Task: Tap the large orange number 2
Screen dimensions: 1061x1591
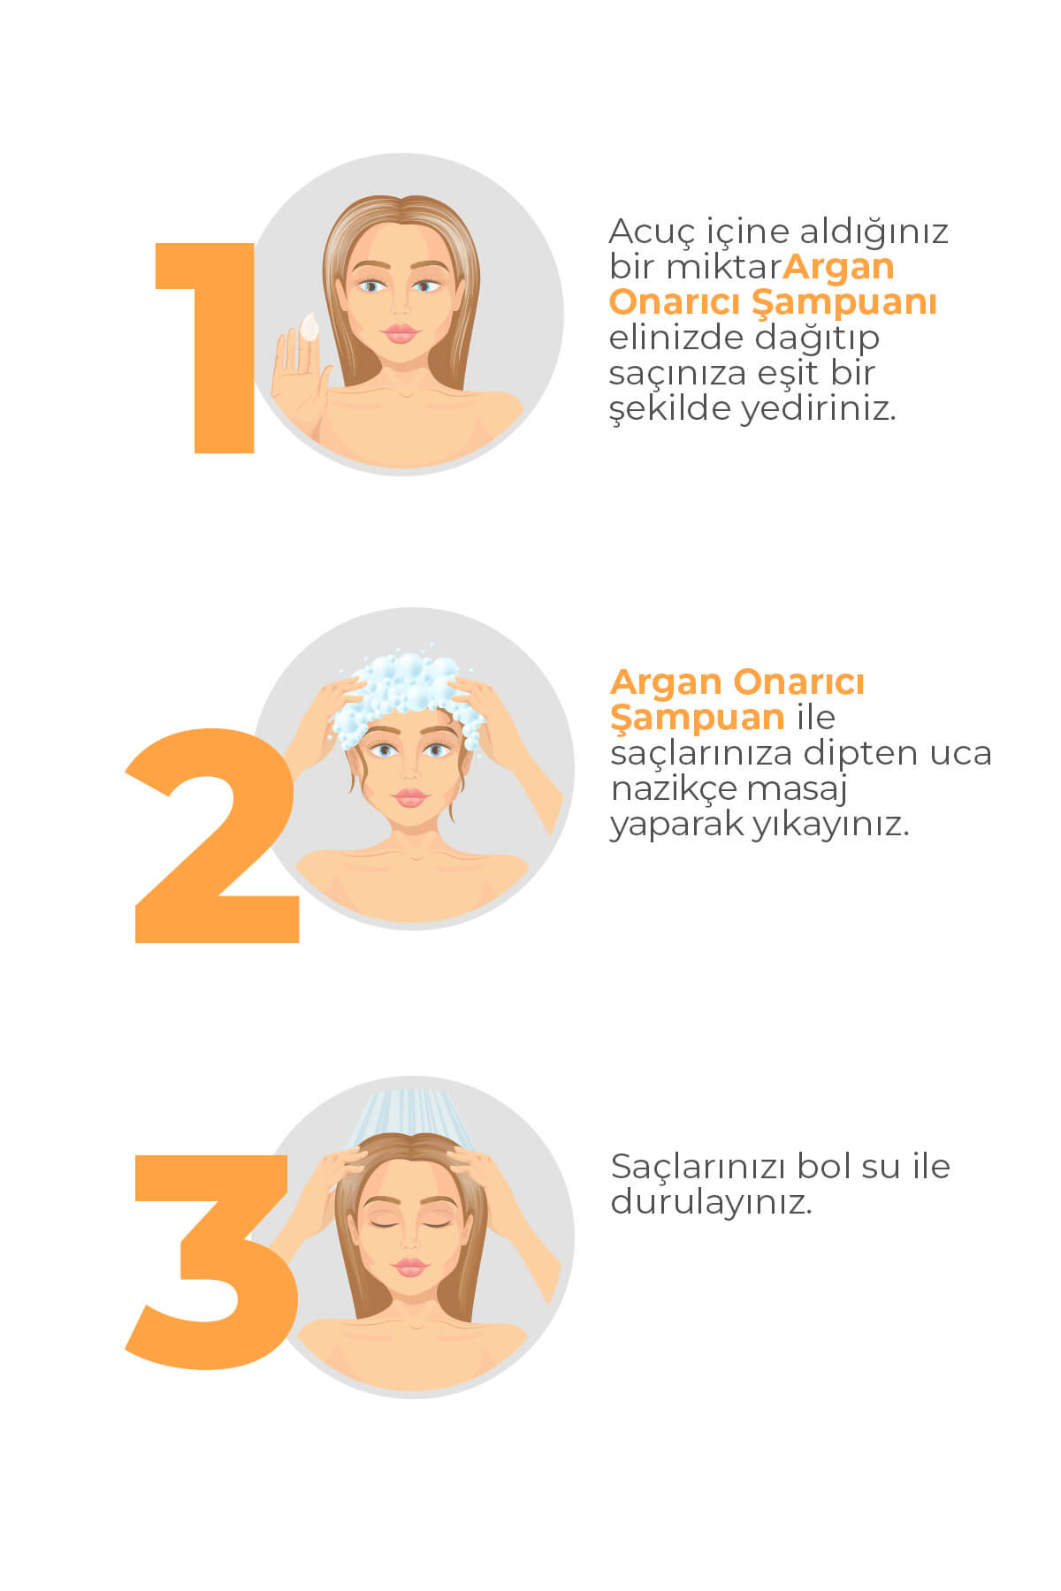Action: coord(212,835)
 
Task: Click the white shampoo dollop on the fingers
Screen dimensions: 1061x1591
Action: coord(309,327)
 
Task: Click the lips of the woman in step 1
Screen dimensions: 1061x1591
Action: coord(401,333)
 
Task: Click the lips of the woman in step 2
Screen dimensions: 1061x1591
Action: coord(409,797)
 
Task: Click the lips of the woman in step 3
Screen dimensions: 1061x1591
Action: coord(409,1267)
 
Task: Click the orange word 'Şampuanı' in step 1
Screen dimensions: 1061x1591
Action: coord(844,303)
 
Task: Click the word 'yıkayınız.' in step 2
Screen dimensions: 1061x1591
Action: coord(830,825)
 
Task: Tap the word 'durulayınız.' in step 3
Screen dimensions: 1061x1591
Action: coord(711,1203)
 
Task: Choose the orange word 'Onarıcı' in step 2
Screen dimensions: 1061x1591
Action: coord(799,682)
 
